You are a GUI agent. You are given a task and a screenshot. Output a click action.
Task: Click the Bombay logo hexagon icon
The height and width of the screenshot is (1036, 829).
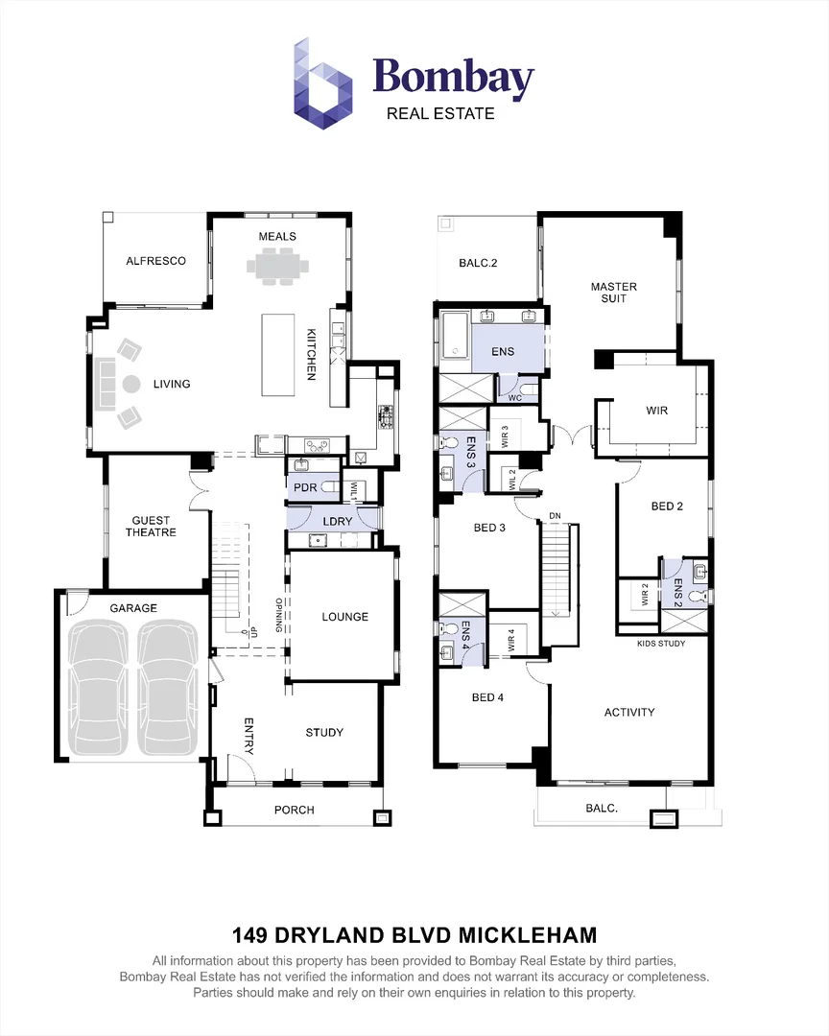pos(322,83)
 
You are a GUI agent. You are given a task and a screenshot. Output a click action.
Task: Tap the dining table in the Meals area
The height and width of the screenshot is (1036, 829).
pos(277,267)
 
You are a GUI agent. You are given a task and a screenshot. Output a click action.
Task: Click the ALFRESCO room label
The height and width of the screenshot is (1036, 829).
pos(156,261)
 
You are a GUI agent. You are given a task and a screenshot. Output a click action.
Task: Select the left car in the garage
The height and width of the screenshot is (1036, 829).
pos(99,687)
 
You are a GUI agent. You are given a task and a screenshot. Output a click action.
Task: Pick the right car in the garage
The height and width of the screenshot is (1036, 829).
pos(168,687)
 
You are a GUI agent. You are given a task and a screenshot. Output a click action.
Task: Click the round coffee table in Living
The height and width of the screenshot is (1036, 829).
pos(131,383)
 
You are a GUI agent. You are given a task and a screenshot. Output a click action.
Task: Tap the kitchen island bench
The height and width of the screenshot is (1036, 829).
pos(277,355)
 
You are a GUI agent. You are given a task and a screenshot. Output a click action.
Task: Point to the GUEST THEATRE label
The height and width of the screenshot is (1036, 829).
pos(151,527)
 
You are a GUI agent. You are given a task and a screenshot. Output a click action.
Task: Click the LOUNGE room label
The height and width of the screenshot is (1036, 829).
pos(345,617)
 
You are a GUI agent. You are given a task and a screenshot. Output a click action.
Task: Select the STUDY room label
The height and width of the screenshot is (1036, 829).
pos(324,732)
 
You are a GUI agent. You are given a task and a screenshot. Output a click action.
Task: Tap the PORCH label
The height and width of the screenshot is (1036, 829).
pos(295,810)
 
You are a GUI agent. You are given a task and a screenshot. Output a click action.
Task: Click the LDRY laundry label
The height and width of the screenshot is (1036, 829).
pos(337,521)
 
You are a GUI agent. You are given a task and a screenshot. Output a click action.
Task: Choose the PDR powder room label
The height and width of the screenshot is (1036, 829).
pos(305,487)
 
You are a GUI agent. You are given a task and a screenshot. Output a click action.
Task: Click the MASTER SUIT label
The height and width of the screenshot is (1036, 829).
pos(613,293)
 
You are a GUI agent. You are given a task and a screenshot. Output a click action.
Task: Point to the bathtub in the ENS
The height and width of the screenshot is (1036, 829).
pos(455,338)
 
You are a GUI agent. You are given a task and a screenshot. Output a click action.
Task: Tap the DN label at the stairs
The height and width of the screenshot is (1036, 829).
pos(555,516)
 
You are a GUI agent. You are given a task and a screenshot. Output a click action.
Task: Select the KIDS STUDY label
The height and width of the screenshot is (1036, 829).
pos(661,643)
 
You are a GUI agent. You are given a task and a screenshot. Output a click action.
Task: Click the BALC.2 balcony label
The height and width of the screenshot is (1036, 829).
pos(478,263)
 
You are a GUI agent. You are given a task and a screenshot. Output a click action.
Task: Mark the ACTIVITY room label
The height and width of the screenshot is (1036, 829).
pos(629,712)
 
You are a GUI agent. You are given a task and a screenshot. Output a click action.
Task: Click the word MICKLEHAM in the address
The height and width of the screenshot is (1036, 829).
pos(528,935)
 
